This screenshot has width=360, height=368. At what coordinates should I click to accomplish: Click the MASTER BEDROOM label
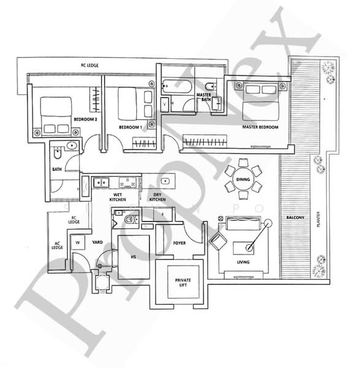tap(260, 127)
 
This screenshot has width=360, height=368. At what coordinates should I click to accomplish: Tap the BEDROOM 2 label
tap(85, 119)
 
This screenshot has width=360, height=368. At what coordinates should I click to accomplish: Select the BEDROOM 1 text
tap(131, 127)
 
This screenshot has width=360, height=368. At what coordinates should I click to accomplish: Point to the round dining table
tap(243, 179)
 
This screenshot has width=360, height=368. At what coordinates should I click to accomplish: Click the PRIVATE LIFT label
tap(183, 282)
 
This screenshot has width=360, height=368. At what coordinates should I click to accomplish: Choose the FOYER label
tap(179, 243)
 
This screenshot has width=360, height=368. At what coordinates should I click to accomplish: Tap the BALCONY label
tap(295, 218)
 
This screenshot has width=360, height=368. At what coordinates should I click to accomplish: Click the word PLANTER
tap(318, 219)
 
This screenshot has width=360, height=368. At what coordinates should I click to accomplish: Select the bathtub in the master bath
tap(177, 86)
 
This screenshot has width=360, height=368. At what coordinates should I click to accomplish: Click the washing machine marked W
tap(78, 242)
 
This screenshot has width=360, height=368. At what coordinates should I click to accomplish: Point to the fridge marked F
tap(163, 214)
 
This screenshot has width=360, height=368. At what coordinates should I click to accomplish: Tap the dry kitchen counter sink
tap(166, 181)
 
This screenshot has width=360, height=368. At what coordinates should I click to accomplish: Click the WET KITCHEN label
tap(118, 197)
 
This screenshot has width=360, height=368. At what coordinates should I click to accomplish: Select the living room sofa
tap(243, 223)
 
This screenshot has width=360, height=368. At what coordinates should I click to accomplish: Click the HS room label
tap(133, 257)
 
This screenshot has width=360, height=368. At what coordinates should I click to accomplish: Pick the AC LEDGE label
tap(57, 245)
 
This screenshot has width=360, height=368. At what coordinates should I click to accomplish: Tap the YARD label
tap(98, 242)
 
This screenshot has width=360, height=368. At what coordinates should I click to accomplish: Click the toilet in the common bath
tap(57, 153)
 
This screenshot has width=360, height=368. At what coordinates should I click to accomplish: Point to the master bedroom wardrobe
tap(205, 141)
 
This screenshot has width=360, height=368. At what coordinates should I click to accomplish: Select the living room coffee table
tap(243, 248)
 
